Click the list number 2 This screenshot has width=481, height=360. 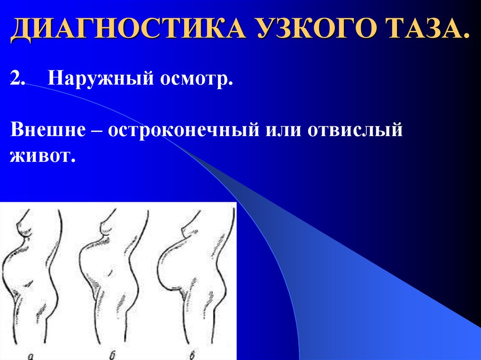point(17,78)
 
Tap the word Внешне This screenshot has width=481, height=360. point(48,129)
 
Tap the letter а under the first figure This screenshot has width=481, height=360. point(31,356)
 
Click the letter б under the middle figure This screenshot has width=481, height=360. point(112,355)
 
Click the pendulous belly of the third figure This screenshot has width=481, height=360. point(172,267)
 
